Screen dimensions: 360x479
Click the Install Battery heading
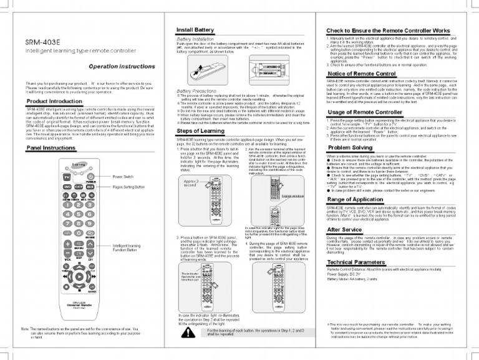195,30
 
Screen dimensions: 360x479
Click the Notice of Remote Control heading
361,74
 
